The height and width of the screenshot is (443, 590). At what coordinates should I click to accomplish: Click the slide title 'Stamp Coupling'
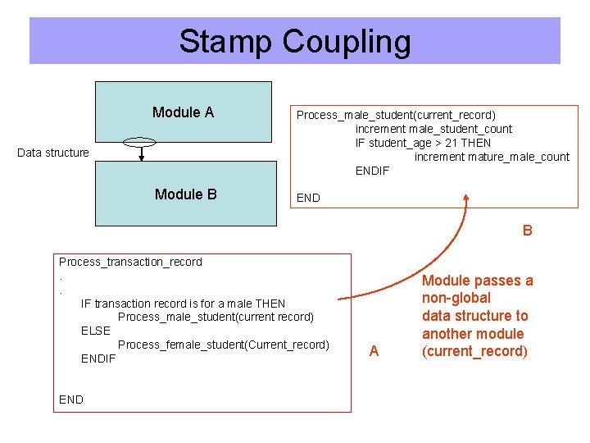coord(295,41)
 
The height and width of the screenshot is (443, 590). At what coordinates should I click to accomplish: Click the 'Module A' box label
coord(183,112)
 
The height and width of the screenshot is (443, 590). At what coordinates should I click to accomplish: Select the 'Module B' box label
coord(186,194)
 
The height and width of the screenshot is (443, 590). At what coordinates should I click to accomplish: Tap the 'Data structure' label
coord(53,153)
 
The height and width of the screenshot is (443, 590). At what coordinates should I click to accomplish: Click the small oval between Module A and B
coord(140,142)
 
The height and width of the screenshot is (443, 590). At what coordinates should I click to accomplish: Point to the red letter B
coord(527,231)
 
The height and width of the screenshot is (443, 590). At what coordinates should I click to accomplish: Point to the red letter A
coord(374,351)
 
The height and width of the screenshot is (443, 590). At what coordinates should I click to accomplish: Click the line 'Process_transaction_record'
coord(130,262)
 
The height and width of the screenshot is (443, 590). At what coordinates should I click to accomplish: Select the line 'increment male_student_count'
coord(433,129)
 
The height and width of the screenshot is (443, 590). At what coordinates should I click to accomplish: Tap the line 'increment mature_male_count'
coord(492,157)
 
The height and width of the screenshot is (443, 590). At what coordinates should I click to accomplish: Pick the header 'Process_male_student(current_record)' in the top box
coord(396,115)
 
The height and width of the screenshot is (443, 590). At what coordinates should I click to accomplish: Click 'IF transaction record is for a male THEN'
coord(184,304)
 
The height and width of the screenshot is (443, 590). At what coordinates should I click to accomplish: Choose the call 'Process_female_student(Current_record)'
coord(224,345)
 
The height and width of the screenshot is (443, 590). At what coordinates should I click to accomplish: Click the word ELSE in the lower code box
coord(96,331)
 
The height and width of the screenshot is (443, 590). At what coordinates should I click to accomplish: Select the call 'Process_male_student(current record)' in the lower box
coord(216,317)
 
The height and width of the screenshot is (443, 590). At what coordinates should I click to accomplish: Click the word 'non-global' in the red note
coord(456,298)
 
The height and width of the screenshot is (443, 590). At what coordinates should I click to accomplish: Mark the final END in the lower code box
coord(71,400)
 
